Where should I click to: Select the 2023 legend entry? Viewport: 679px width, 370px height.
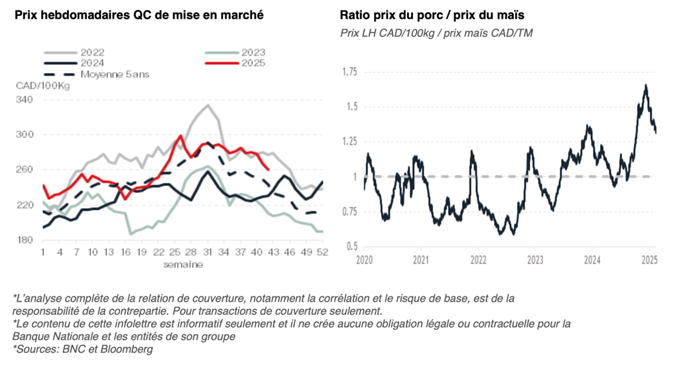coord(253,52)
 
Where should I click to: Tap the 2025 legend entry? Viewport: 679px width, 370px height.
coord(253,63)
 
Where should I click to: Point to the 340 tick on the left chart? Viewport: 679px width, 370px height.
coord(24,99)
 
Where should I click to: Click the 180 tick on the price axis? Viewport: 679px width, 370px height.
coord(24,240)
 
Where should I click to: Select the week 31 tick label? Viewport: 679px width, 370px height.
coord(208,253)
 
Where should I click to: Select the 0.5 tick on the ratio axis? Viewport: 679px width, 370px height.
coord(351,247)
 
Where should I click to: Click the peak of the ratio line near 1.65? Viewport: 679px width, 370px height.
coord(645,86)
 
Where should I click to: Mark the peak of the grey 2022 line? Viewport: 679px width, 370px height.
coord(208,105)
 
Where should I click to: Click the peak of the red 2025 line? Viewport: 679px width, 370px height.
coord(180,136)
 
